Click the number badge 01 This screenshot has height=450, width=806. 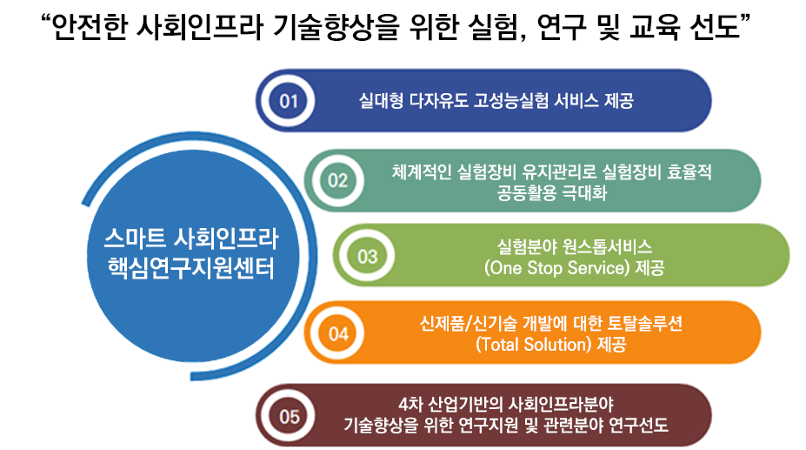(289, 101)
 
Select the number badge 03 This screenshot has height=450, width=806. (368, 256)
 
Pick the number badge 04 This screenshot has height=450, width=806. (338, 332)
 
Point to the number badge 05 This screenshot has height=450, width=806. (290, 415)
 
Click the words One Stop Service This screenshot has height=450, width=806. (556, 268)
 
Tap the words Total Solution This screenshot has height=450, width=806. (534, 344)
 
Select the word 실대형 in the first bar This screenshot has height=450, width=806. (380, 100)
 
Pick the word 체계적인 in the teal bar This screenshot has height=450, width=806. (422, 172)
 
